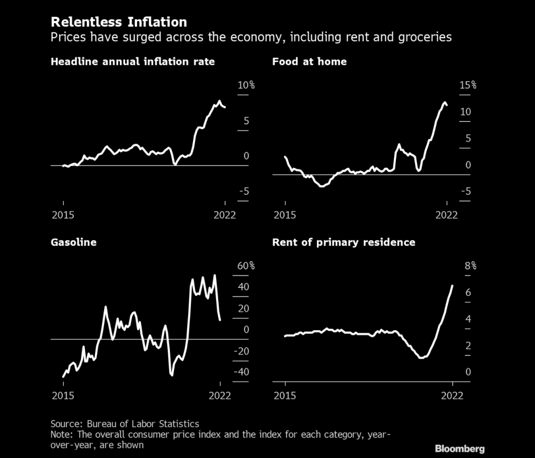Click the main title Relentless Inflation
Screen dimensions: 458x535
[119, 22]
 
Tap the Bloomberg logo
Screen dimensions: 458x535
[460, 449]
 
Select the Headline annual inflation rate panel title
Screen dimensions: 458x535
[132, 62]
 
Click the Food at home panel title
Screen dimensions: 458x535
[309, 62]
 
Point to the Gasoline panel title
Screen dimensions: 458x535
[73, 242]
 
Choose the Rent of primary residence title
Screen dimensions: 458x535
[344, 242]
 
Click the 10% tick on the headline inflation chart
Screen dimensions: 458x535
[245, 85]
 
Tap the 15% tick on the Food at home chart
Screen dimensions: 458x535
[468, 85]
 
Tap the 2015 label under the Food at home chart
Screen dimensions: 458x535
[285, 215]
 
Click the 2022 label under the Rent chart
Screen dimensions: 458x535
[452, 396]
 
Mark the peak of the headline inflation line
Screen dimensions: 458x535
[220, 100]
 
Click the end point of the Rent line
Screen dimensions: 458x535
[452, 286]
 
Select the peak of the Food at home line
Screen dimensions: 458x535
[445, 102]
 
